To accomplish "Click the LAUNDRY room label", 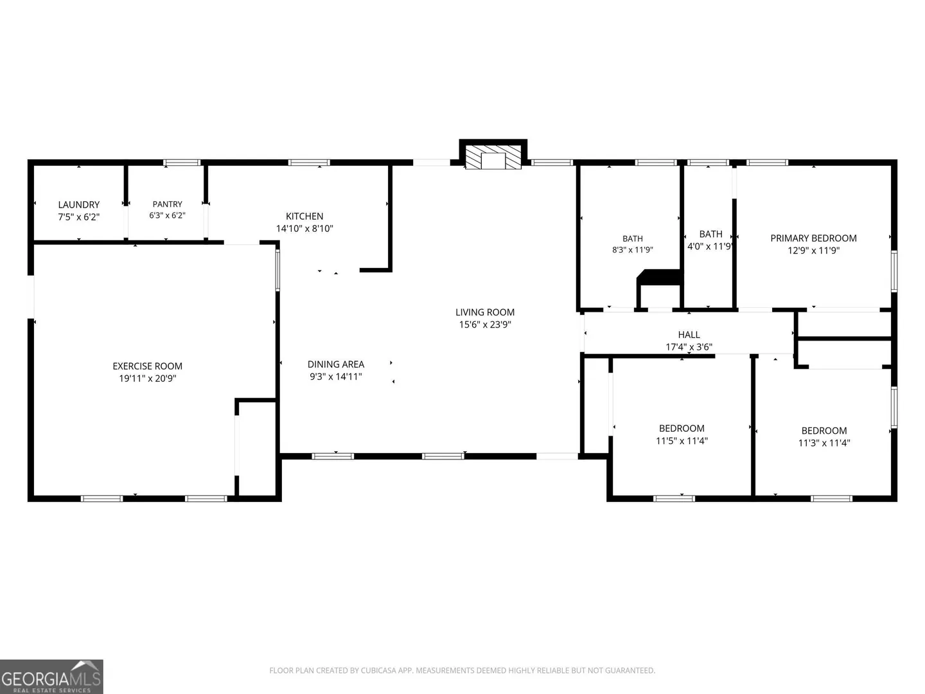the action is coord(79,205).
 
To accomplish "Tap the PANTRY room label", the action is coord(167,204).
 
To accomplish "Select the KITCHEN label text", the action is coord(304,216).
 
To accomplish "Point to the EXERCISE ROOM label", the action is coord(148,366).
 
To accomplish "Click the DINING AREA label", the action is coord(336,364).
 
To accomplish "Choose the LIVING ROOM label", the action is coord(485,312).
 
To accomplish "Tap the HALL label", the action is coord(689,335).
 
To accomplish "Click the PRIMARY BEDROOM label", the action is coord(813,238).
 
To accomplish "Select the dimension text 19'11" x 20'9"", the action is coord(148,378).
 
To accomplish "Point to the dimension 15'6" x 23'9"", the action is coord(485,325).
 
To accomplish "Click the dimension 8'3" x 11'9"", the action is coord(633,250).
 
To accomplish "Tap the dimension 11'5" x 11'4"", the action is coord(682,441).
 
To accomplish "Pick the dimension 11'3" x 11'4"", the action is coord(824,443).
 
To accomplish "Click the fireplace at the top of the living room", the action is coord(493,155).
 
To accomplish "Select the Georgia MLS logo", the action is coord(51,677).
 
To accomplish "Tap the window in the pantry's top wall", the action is coord(182,163).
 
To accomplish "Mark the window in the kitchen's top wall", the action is coord(309,163).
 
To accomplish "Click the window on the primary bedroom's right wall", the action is coord(894,271).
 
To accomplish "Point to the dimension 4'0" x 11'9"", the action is coord(710,247).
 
